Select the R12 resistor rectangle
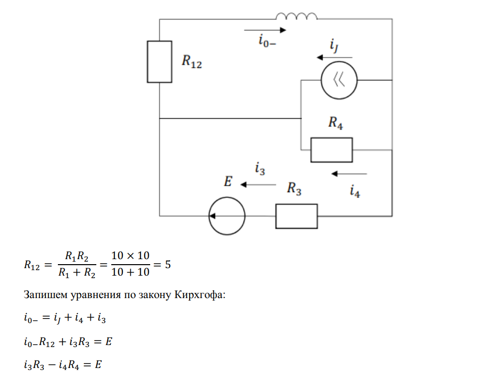(x=160, y=61)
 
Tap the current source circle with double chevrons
(x=338, y=80)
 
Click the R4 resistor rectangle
(x=331, y=150)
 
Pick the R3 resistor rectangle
(x=296, y=216)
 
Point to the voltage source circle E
(x=227, y=216)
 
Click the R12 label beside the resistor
(x=192, y=62)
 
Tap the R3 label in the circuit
(x=294, y=189)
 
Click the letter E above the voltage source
(x=228, y=182)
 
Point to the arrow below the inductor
(x=265, y=30)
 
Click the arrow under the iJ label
(x=335, y=57)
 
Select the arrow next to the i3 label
(x=258, y=185)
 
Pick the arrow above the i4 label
(x=349, y=174)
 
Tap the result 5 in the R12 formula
(x=168, y=265)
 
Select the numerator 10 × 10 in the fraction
(x=130, y=256)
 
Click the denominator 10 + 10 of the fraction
(x=130, y=273)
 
